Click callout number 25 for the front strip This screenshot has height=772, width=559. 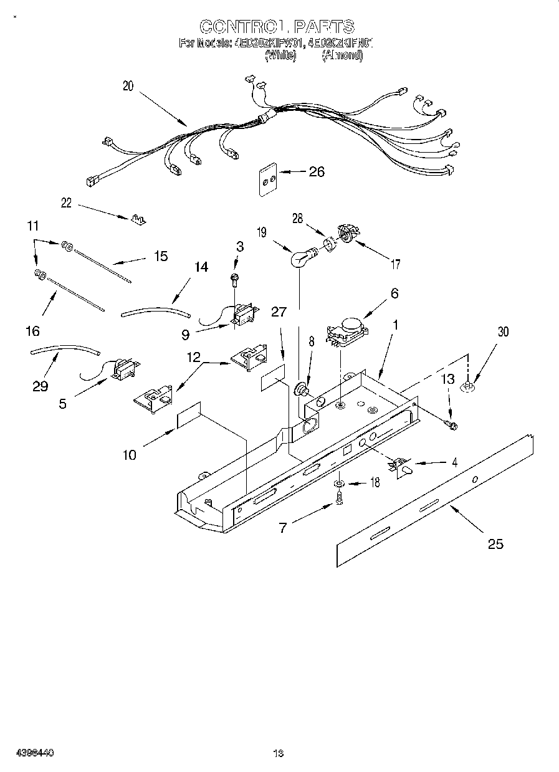(x=495, y=544)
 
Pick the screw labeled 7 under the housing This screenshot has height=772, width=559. (x=340, y=498)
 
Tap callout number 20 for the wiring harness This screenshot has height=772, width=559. (x=128, y=87)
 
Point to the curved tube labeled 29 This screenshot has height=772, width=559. (x=65, y=350)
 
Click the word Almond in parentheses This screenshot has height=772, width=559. (x=342, y=55)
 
